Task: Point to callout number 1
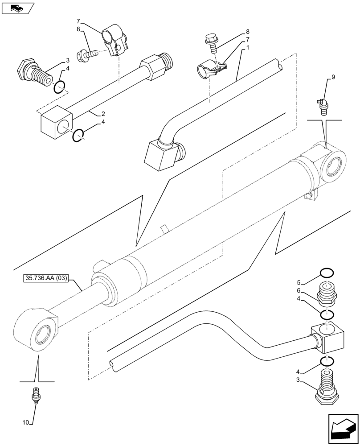248,47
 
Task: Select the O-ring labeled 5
326,273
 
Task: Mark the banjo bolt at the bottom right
326,387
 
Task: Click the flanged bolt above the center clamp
210,42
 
